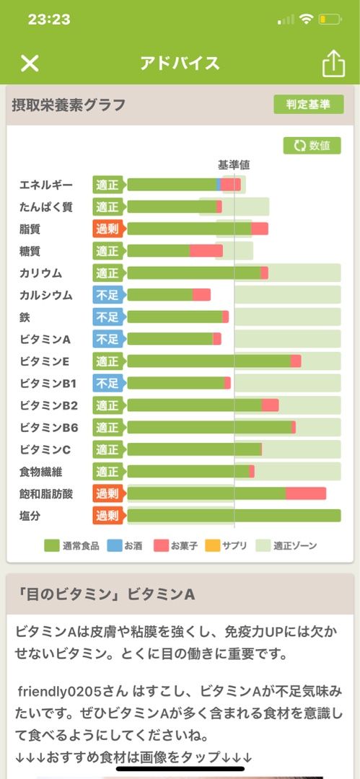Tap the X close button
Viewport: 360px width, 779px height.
point(30,63)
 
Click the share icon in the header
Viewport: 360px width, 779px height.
point(333,63)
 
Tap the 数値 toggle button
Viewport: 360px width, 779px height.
point(312,146)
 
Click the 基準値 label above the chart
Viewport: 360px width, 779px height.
point(234,165)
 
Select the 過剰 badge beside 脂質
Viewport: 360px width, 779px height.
point(107,229)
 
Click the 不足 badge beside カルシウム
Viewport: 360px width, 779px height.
point(107,294)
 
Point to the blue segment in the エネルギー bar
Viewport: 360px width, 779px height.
point(219,185)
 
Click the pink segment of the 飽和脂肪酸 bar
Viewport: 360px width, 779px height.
point(306,493)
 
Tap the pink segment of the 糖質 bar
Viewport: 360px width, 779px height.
point(206,251)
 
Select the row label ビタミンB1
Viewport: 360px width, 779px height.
point(48,383)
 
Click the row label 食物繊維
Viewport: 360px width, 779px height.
point(41,472)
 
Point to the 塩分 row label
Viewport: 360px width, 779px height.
point(30,516)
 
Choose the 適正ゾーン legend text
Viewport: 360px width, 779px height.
point(295,545)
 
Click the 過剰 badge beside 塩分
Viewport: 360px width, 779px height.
point(107,515)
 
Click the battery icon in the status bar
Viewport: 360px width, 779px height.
point(330,20)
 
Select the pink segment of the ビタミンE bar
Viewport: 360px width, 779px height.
point(296,361)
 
